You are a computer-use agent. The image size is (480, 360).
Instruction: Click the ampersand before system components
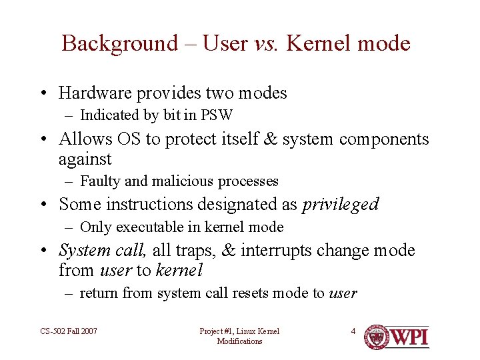coord(271,139)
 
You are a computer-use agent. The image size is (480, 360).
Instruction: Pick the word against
coord(85,159)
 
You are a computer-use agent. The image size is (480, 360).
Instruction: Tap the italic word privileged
coord(340,204)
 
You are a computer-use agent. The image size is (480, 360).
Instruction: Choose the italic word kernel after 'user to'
coord(179,271)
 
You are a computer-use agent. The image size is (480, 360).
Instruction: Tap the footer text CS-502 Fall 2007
coord(69,331)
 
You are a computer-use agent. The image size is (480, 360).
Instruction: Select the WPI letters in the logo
coord(408,337)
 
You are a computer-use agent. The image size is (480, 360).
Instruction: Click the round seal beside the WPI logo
coord(376,337)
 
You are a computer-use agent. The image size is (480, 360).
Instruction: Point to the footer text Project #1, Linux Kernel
coord(239,331)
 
